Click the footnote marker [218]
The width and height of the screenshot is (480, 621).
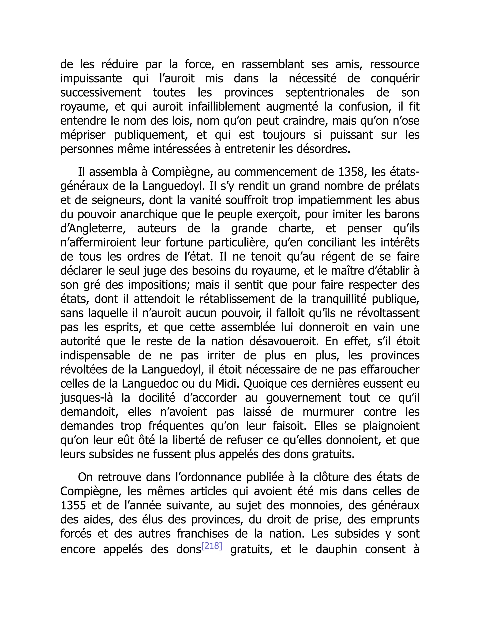(212, 546)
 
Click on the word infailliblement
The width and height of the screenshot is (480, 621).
(224, 107)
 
